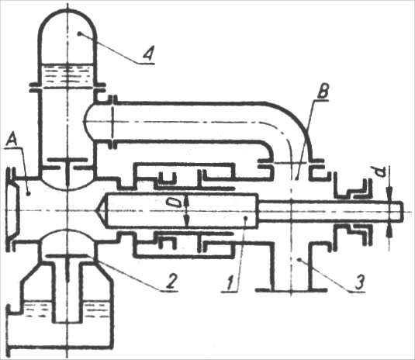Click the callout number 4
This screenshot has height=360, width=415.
pyautogui.click(x=148, y=54)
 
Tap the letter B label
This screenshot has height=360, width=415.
pyautogui.click(x=323, y=92)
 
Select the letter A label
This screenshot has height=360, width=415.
pyautogui.click(x=12, y=140)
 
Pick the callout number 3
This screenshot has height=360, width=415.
pyautogui.click(x=359, y=282)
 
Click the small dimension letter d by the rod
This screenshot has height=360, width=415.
pyautogui.click(x=381, y=172)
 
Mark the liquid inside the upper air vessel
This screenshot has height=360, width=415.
pyautogui.click(x=67, y=76)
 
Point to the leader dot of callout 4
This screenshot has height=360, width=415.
pyautogui.click(x=79, y=33)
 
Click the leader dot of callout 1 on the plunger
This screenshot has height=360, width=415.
pyautogui.click(x=246, y=218)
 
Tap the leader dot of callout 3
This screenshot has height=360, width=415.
pyautogui.click(x=299, y=260)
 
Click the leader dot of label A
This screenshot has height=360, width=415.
pyautogui.click(x=29, y=194)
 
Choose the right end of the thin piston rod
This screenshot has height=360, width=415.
pyautogui.click(x=402, y=211)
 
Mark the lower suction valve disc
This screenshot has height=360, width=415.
pyautogui.click(x=67, y=256)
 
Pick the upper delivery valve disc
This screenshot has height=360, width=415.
pyautogui.click(x=67, y=159)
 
